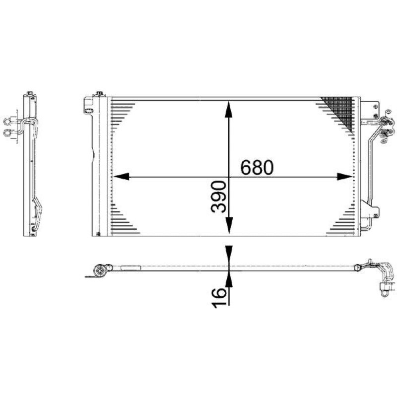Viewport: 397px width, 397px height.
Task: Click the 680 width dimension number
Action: pyautogui.click(x=257, y=167)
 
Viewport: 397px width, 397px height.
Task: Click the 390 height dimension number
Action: pyautogui.click(x=218, y=197)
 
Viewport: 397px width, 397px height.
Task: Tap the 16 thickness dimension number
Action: pyautogui.click(x=218, y=298)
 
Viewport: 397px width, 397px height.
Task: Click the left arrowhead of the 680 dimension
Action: pyautogui.click(x=121, y=177)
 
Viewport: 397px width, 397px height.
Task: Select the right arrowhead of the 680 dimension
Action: pyautogui.click(x=345, y=177)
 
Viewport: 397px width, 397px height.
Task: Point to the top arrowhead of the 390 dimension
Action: pyautogui.click(x=229, y=109)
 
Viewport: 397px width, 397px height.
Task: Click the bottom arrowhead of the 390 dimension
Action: pyautogui.click(x=229, y=225)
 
